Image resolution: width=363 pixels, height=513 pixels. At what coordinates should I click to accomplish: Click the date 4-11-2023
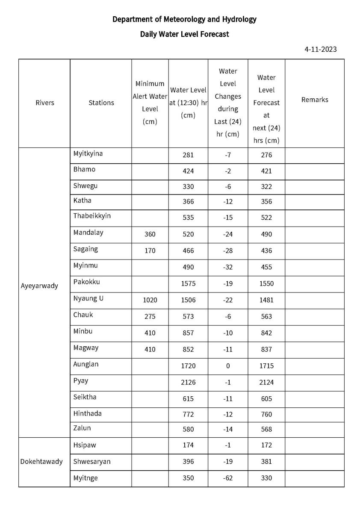coord(320,49)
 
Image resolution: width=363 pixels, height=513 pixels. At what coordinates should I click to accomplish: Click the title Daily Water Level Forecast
coord(184,34)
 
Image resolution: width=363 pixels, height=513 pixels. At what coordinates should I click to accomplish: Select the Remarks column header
coord(315,100)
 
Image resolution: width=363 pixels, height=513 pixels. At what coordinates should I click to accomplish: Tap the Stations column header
coord(101,103)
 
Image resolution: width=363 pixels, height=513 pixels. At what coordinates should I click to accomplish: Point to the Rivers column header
coord(45,103)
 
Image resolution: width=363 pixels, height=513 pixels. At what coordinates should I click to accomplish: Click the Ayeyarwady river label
coord(39,286)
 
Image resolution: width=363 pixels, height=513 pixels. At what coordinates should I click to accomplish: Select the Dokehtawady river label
coord(41,462)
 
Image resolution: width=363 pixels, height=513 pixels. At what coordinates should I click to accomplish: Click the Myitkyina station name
coord(88,153)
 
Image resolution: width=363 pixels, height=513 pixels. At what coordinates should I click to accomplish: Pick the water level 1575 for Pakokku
coord(188,284)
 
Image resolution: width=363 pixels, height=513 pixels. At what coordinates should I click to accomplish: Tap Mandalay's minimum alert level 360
coord(150,234)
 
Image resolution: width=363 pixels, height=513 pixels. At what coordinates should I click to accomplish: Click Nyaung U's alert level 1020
coord(150,300)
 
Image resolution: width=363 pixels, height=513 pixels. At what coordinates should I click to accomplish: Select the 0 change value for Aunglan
coord(228,366)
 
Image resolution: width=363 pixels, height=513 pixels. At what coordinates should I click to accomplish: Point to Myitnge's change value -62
coord(228,478)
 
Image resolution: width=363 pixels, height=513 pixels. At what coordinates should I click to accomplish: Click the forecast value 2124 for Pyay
coord(266,382)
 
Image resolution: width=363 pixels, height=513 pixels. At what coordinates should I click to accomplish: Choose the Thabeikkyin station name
coord(92,216)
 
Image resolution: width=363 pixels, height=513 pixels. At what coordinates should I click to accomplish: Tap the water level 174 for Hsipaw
coord(188,445)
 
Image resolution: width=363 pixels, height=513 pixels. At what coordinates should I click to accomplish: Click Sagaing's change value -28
coord(228,251)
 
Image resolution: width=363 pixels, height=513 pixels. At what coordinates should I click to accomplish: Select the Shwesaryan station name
coord(92,462)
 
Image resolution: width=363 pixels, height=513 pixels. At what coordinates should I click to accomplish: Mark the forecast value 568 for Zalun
coord(266,429)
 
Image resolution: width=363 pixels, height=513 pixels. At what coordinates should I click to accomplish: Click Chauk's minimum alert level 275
coord(150,317)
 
